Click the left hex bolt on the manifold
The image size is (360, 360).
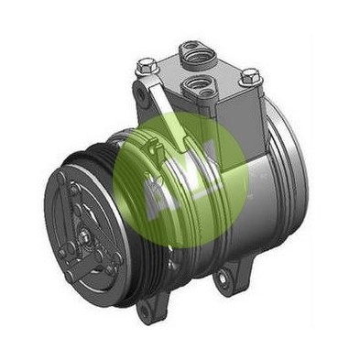pos(147,66)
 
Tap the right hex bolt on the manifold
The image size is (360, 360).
pos(250,77)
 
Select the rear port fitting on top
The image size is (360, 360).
pos(194,51)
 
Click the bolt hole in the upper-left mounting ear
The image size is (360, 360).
pos(139,93)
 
